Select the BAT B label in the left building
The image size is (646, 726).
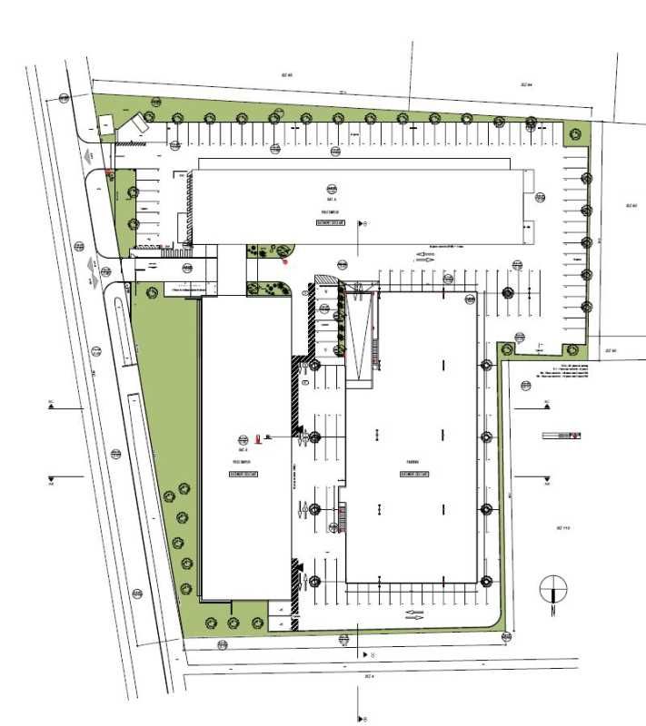[243, 449]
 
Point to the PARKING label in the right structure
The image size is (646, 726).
[412, 461]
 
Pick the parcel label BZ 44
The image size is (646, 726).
[525, 84]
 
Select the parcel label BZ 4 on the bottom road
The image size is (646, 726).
[370, 676]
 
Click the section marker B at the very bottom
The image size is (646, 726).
[363, 719]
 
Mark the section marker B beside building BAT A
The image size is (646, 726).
[364, 222]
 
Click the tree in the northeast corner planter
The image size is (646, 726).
[574, 134]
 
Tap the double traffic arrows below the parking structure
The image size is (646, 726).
[413, 614]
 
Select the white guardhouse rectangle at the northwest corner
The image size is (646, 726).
[107, 123]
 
